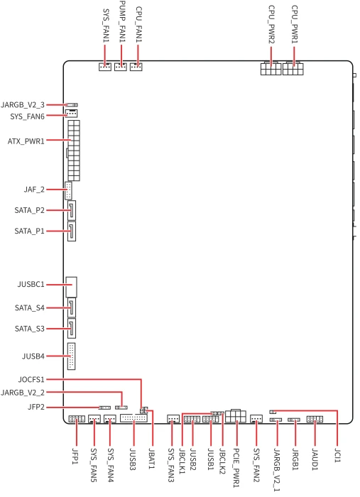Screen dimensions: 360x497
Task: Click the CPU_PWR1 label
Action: [x=295, y=24]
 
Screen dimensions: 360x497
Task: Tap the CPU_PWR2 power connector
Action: [x=271, y=68]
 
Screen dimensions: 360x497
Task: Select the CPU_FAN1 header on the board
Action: [x=136, y=67]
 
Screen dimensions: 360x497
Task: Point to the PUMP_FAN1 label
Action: [x=122, y=21]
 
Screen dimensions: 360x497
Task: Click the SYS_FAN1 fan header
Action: [x=105, y=67]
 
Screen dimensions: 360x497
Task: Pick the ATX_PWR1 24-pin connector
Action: [x=74, y=151]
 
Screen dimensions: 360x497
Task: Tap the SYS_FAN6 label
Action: [x=27, y=116]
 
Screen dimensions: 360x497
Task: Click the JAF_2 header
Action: [x=68, y=190]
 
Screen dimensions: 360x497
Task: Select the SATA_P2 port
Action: [x=72, y=210]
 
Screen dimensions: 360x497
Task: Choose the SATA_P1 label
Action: [x=30, y=231]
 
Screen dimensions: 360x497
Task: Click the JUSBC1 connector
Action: [x=71, y=287]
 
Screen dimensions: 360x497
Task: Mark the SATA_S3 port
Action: [x=72, y=328]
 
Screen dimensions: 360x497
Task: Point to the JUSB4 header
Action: [x=71, y=356]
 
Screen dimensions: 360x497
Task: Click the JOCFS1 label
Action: [x=31, y=379]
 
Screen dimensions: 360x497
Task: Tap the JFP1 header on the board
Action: [x=77, y=419]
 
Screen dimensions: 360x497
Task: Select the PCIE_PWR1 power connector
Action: [x=236, y=416]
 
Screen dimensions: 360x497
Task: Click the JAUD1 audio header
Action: [x=315, y=420]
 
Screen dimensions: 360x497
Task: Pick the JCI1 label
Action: [x=338, y=455]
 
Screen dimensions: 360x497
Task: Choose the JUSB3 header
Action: [x=133, y=418]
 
